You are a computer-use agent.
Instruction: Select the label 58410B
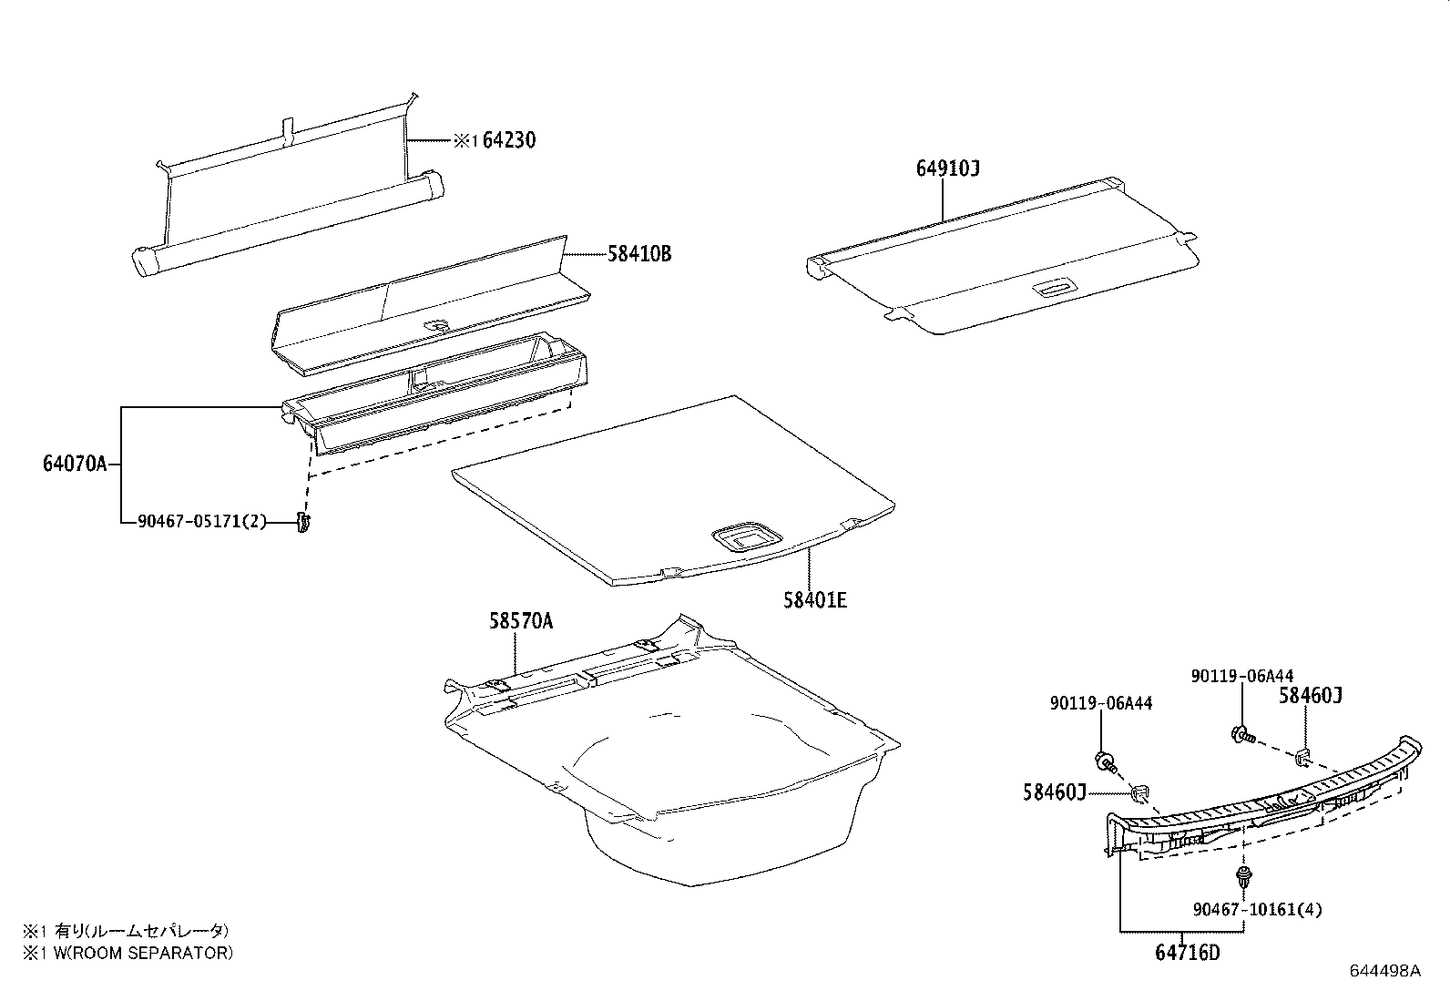[639, 254]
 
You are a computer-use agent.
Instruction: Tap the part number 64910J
[947, 169]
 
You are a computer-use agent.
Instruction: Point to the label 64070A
[75, 464]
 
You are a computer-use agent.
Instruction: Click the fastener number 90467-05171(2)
[202, 522]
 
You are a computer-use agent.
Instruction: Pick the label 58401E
[814, 600]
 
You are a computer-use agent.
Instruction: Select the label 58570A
[520, 622]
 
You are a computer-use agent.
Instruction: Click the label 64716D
[1187, 954]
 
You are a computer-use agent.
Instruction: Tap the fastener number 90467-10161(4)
[1257, 909]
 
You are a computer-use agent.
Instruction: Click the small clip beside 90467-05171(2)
[303, 523]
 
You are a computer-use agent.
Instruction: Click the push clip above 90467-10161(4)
[1243, 879]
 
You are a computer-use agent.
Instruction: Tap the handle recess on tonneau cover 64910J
[1054, 289]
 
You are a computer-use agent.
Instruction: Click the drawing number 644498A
[1384, 970]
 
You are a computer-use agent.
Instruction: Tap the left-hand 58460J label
[1055, 793]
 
